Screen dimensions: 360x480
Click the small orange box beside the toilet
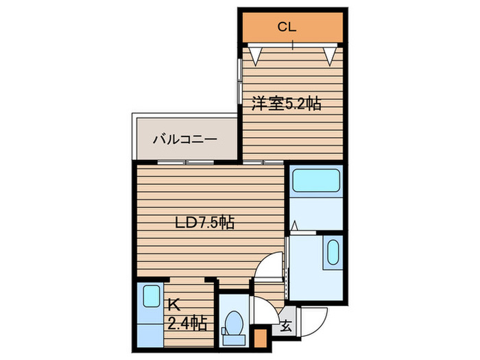(x=260, y=337)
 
